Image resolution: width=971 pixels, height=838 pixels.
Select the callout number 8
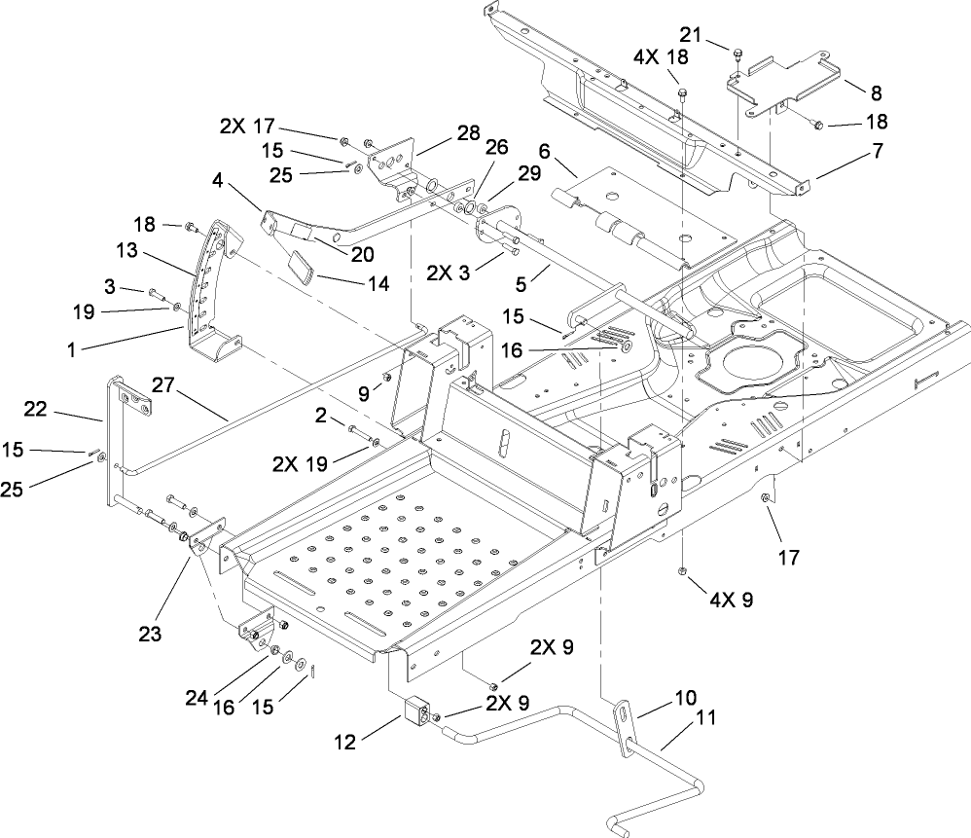[876, 93]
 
